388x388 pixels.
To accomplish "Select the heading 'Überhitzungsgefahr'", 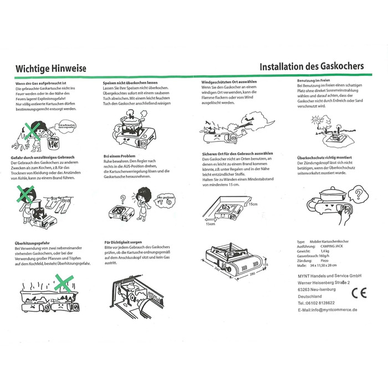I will [28, 242].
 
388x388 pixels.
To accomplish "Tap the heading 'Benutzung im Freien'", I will [314, 81].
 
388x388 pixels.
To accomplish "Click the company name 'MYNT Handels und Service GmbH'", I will [329, 275].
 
